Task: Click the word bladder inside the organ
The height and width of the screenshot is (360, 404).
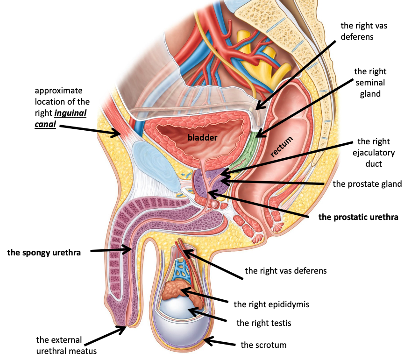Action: tap(203, 137)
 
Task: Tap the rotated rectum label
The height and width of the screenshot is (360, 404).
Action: tap(284, 146)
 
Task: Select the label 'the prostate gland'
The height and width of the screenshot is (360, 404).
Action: tap(367, 184)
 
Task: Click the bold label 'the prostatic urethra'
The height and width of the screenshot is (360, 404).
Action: tap(358, 217)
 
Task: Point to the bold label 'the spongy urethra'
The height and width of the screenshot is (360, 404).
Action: tap(44, 253)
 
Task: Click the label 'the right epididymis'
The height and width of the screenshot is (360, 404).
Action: tap(271, 304)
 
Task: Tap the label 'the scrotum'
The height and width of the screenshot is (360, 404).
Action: tap(263, 345)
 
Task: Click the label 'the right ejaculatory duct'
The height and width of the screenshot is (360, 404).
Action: tap(376, 153)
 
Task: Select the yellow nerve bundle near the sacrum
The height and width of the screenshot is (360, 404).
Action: tap(254, 51)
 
